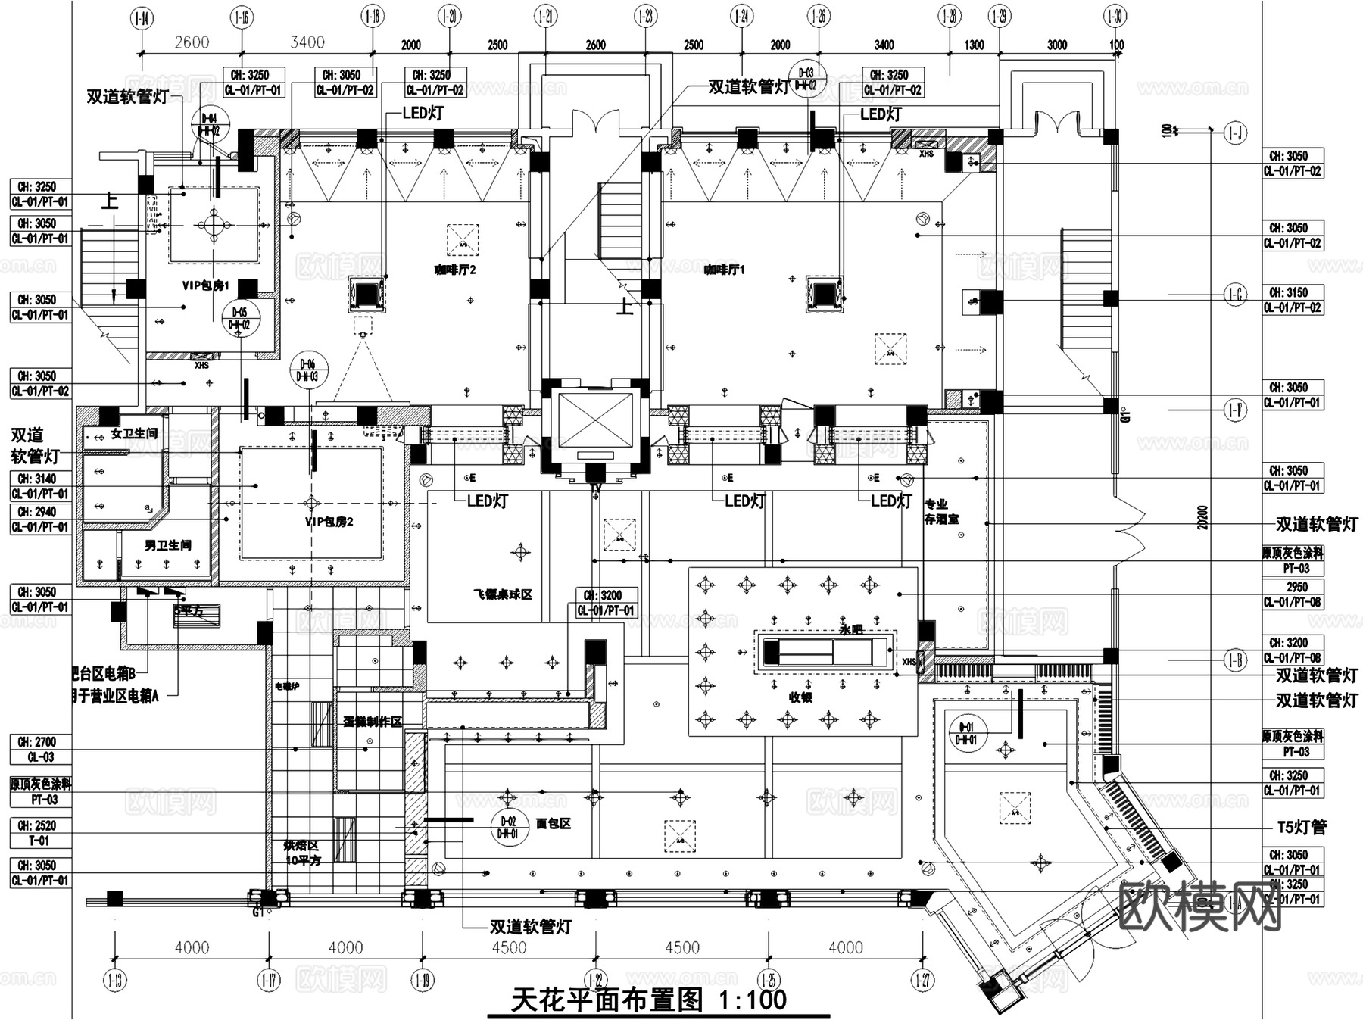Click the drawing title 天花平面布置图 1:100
(x=649, y=1000)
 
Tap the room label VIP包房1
(x=205, y=285)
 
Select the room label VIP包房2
(x=329, y=522)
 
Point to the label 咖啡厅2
(x=454, y=270)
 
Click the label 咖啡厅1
(x=725, y=270)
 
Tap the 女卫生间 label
(x=134, y=434)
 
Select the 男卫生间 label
(x=167, y=545)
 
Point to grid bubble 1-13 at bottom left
(x=115, y=981)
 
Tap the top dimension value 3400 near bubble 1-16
(x=307, y=42)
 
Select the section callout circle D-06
(x=307, y=370)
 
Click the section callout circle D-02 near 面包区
(x=508, y=827)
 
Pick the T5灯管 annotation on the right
(x=1302, y=827)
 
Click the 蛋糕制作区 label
(x=372, y=722)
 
